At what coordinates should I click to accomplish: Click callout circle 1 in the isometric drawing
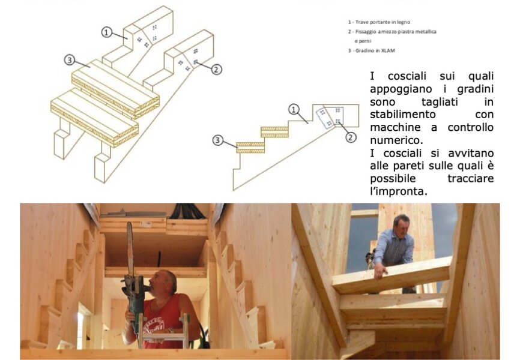[106, 32]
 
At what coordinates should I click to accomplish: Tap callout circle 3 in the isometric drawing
[69, 60]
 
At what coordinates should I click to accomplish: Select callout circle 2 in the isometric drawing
[216, 69]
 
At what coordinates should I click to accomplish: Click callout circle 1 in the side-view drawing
[294, 109]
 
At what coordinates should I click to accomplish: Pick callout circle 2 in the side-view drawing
[351, 137]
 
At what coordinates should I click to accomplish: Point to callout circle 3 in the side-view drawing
[217, 140]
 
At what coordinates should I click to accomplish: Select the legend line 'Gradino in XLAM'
[372, 51]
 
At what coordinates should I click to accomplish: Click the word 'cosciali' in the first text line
[407, 76]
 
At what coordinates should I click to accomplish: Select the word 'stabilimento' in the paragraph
[402, 115]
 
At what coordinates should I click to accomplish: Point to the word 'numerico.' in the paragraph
[397, 140]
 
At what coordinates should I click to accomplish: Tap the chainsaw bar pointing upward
[130, 248]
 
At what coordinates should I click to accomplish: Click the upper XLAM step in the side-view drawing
[274, 132]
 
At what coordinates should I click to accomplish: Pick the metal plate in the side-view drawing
[330, 118]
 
